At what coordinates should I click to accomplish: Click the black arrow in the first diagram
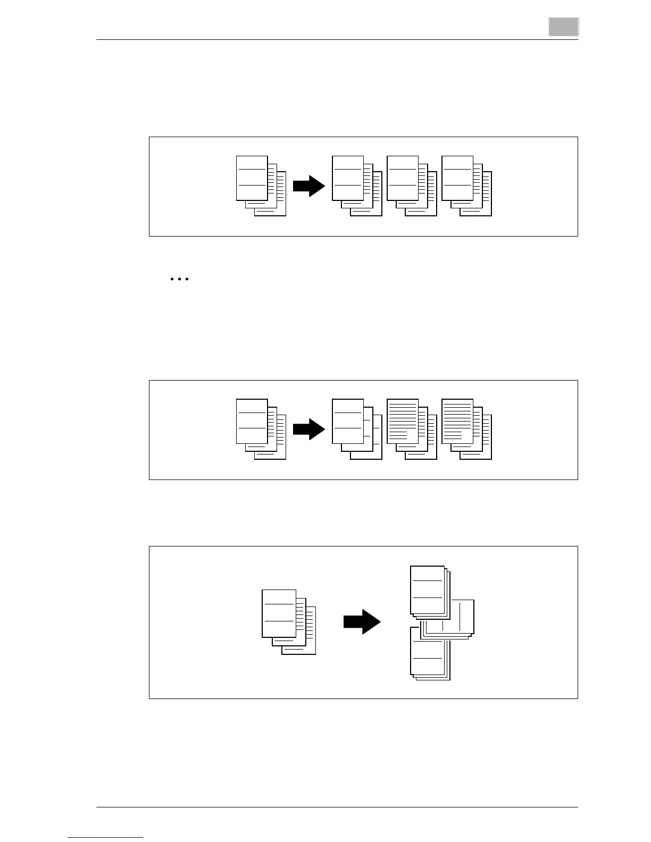click(308, 187)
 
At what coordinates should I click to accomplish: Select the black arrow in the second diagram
click(308, 430)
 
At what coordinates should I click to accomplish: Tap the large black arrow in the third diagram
click(362, 621)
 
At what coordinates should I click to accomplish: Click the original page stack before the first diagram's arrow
click(260, 186)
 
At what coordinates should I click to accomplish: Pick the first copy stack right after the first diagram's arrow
click(356, 186)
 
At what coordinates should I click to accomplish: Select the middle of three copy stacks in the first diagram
click(411, 186)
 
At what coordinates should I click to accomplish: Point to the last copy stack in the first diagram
click(466, 186)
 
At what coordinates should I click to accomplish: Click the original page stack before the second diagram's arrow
click(260, 429)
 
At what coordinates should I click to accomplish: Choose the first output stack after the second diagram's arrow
click(356, 429)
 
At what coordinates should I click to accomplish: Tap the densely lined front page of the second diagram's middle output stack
click(403, 421)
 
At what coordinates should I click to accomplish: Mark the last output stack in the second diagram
click(466, 429)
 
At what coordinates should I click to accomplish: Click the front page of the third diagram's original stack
click(279, 613)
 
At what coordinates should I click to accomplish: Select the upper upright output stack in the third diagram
click(430, 592)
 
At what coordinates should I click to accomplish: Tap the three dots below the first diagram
click(180, 279)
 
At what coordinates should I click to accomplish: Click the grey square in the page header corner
click(563, 27)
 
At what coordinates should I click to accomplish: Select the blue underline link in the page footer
click(105, 838)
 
